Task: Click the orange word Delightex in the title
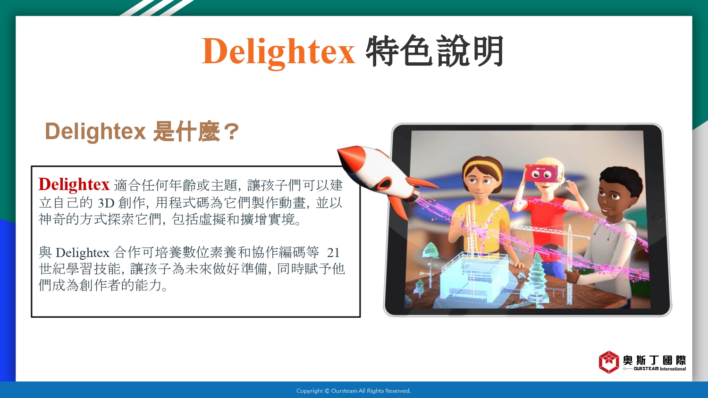point(278,51)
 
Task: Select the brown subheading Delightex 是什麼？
point(142,131)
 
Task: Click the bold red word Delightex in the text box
point(74,184)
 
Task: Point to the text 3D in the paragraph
point(106,203)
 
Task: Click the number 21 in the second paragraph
point(333,253)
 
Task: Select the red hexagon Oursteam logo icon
point(609,362)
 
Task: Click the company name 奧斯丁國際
point(654,360)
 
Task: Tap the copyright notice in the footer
point(354,391)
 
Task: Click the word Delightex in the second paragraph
point(83,253)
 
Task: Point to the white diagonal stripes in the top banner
point(156,8)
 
